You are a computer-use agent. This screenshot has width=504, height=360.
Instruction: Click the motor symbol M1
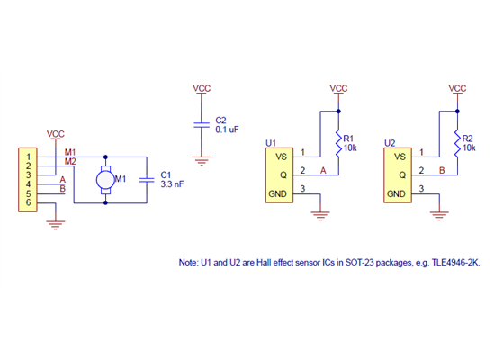(106, 179)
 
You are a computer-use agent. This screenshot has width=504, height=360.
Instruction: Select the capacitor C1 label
(166, 175)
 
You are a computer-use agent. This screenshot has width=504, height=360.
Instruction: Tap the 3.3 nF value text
(173, 184)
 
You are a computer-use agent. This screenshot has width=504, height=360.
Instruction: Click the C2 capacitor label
(221, 121)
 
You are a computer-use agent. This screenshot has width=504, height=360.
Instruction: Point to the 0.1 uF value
(228, 130)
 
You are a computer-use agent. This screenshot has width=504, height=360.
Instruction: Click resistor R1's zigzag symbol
(337, 142)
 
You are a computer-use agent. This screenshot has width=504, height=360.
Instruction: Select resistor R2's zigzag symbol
(456, 142)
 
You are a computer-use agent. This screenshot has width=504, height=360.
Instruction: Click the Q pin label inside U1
(283, 173)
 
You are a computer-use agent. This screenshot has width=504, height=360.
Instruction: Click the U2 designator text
(390, 142)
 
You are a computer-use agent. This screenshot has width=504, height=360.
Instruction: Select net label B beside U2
(441, 170)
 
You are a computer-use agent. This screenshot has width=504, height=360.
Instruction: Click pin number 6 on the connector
(28, 203)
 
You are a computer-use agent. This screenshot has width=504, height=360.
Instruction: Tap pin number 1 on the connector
(28, 157)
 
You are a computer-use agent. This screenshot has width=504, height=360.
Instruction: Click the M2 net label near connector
(70, 161)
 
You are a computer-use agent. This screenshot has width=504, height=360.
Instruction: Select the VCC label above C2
(202, 88)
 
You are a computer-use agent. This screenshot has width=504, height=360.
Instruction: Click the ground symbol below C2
(202, 161)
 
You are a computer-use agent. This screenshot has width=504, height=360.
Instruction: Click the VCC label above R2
(456, 88)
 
